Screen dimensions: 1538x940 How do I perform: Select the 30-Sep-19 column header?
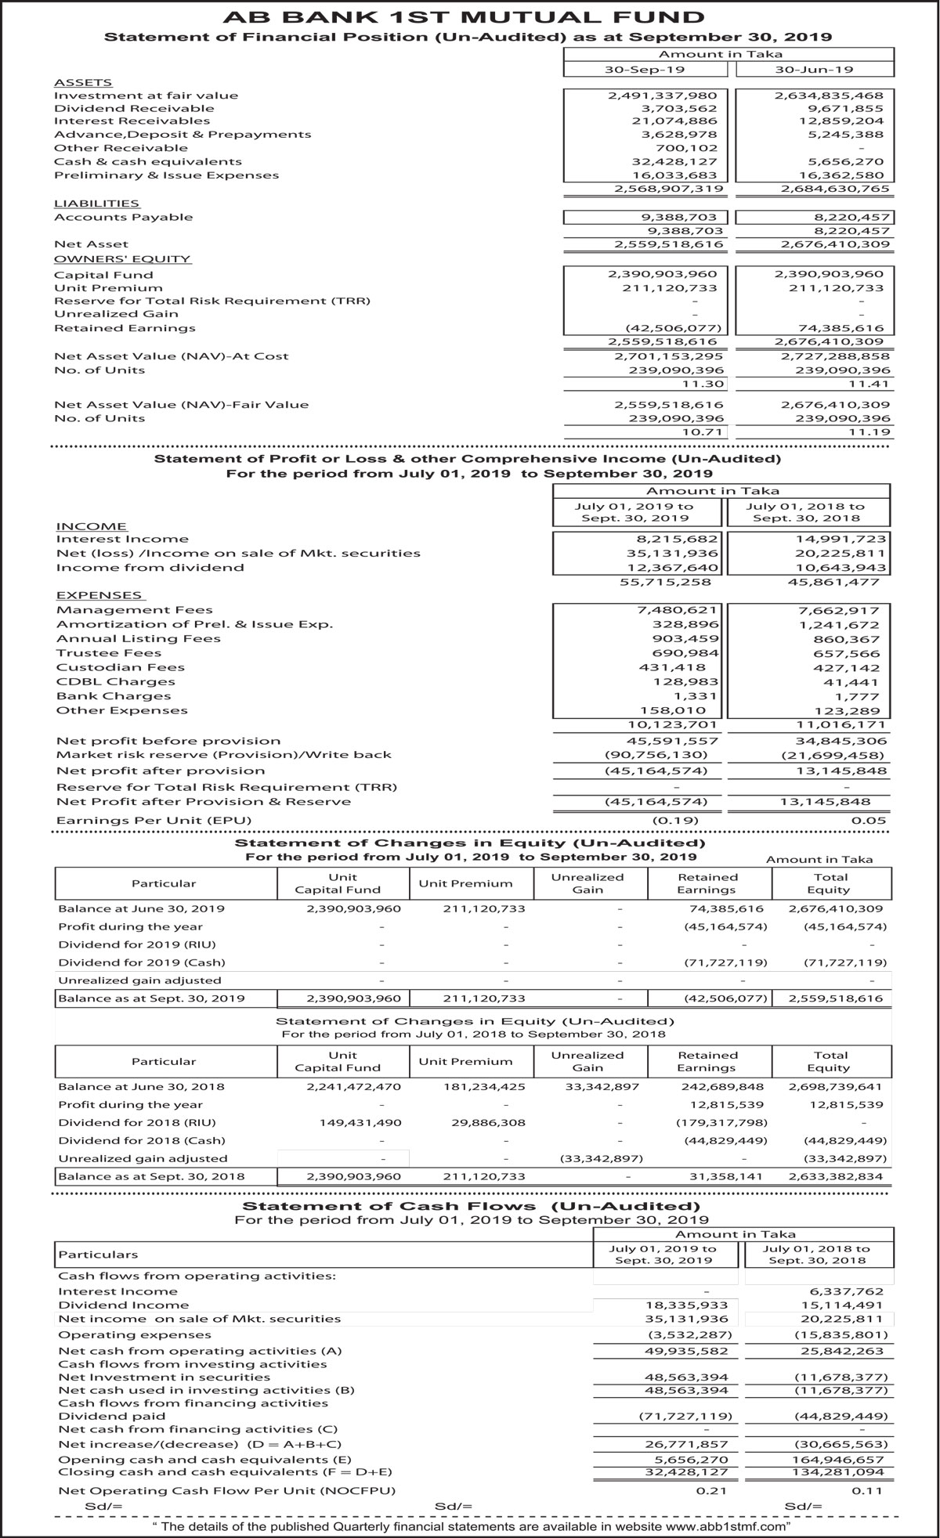(645, 70)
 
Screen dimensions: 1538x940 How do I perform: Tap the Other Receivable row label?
(121, 148)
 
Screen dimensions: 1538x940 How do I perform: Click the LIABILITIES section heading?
(96, 204)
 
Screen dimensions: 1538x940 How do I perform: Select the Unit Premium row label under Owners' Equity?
(108, 288)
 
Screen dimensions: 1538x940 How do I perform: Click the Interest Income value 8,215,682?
(678, 539)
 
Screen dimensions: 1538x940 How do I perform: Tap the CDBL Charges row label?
(115, 681)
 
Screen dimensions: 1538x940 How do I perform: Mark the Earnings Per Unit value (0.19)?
(675, 820)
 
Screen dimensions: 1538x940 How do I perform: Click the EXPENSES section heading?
(99, 595)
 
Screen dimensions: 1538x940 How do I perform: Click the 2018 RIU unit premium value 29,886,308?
(489, 1122)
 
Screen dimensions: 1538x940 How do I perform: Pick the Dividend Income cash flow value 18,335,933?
(686, 1305)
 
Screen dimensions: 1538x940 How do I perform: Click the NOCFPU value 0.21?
(711, 1490)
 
